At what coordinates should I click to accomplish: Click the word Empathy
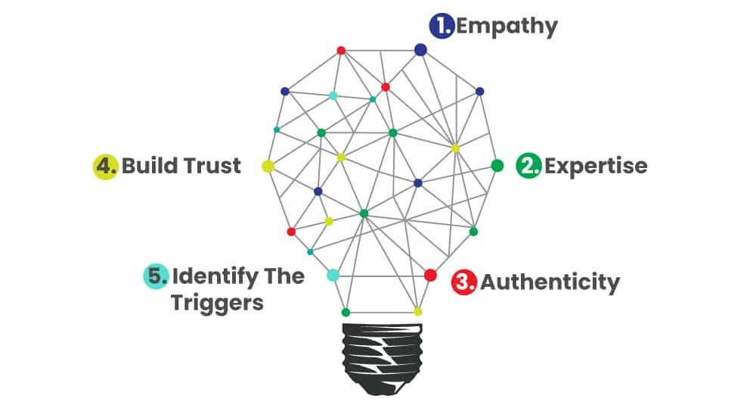(507, 27)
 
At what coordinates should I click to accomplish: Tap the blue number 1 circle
(441, 26)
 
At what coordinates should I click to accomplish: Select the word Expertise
(596, 166)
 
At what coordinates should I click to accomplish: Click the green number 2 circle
(528, 166)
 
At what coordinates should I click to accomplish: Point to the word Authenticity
(550, 282)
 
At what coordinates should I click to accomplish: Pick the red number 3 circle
(463, 282)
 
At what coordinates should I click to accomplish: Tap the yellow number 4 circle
(105, 166)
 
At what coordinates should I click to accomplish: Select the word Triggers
(217, 303)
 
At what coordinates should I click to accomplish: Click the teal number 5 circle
(155, 276)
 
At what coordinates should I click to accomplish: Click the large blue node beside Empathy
(420, 50)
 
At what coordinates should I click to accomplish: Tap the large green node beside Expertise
(497, 165)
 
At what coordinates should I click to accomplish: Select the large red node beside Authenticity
(430, 275)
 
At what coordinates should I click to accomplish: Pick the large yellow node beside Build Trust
(268, 166)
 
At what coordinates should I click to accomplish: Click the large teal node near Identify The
(333, 275)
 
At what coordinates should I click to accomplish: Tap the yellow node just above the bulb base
(417, 311)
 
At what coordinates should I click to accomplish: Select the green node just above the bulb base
(345, 312)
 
